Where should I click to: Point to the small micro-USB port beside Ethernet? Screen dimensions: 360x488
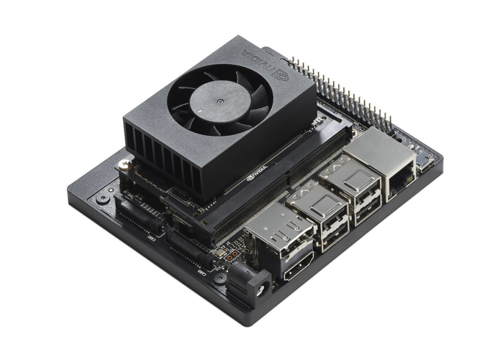pos(423,165)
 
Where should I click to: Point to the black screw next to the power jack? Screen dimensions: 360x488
pos(220,277)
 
